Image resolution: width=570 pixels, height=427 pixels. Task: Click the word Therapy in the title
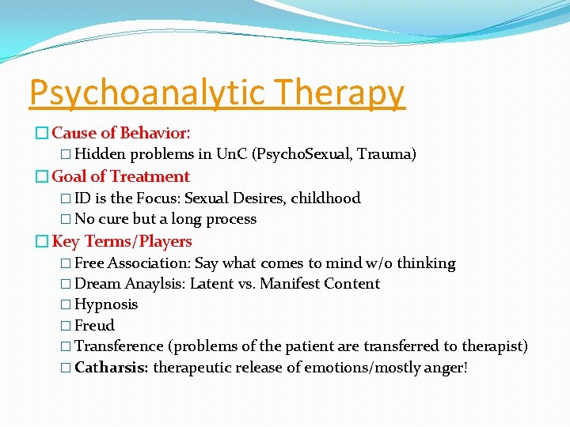(x=342, y=93)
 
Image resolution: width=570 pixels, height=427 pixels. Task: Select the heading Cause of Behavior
(x=120, y=134)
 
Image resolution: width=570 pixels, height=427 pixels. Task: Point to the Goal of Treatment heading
(x=120, y=176)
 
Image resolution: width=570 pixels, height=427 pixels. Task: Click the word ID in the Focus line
(x=82, y=198)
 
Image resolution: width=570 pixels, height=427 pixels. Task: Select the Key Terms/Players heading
(x=122, y=241)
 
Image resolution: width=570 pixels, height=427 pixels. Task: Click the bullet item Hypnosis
(x=105, y=304)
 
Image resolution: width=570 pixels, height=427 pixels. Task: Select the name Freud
(x=94, y=325)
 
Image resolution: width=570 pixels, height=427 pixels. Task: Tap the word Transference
(x=119, y=346)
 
